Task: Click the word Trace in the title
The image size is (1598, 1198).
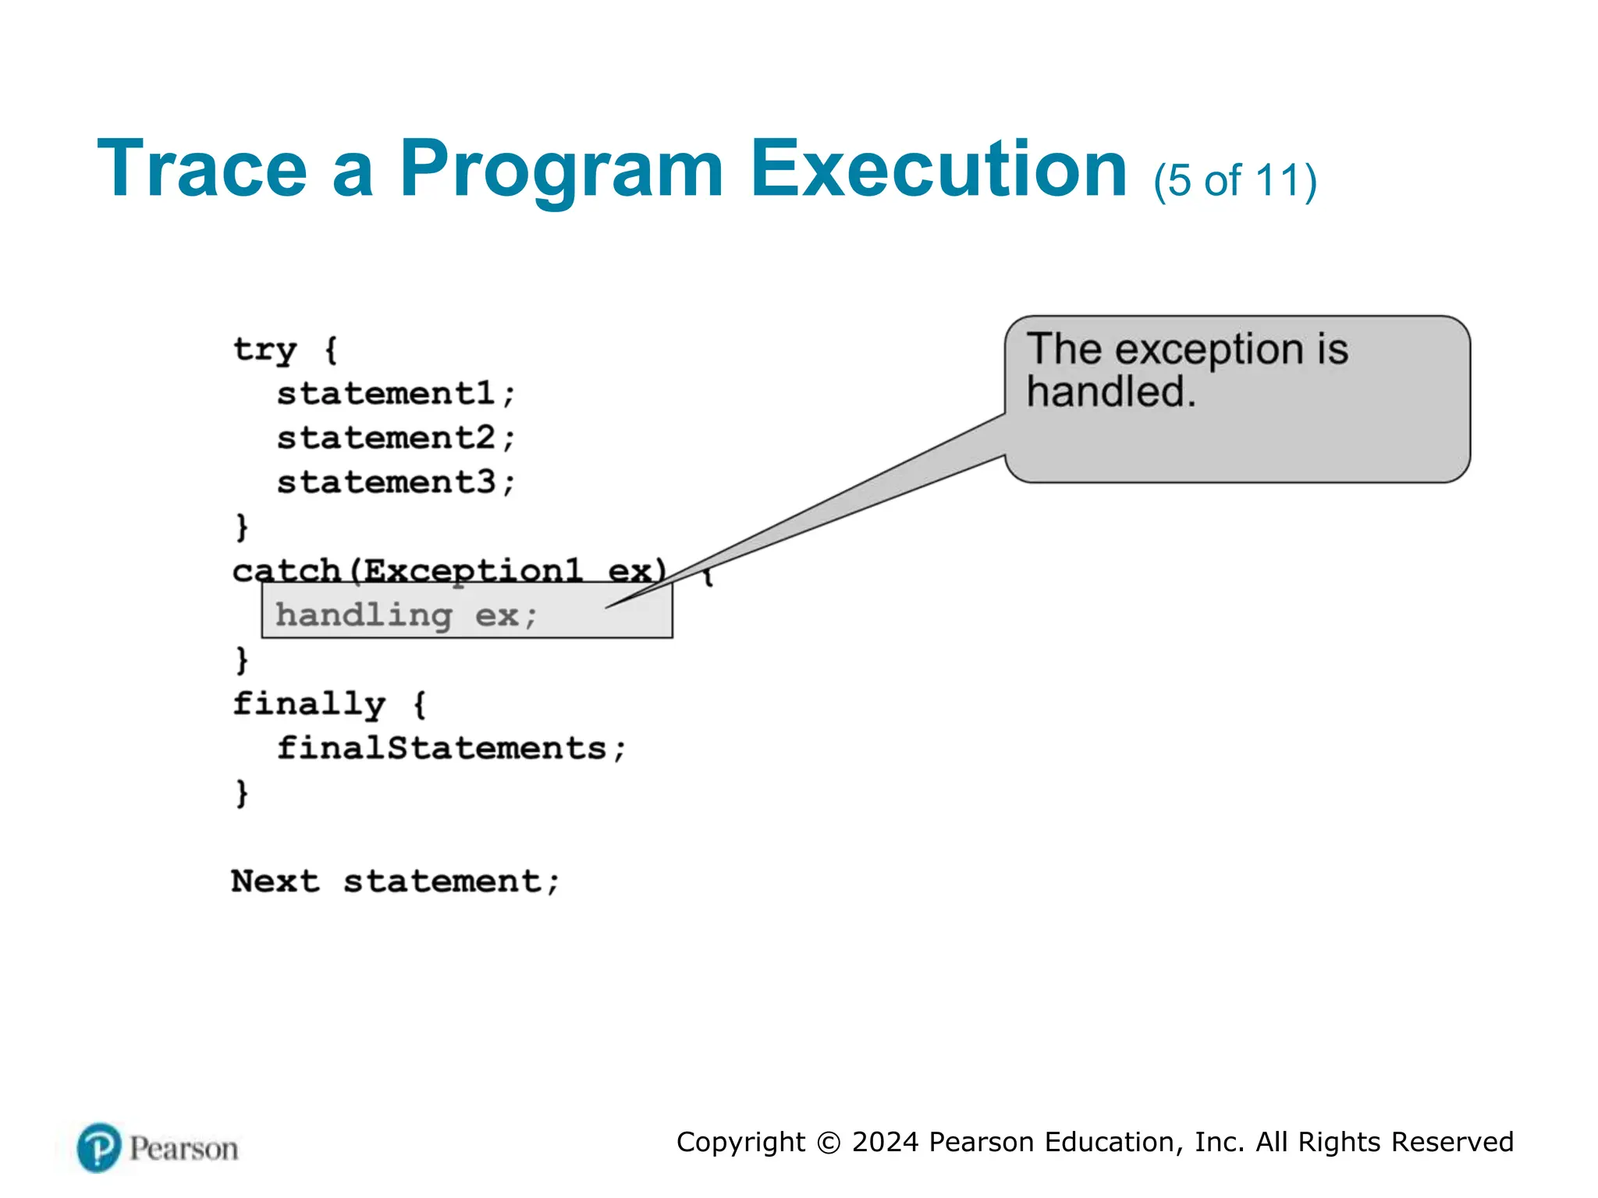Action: coord(202,169)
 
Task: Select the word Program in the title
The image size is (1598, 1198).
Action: coord(561,169)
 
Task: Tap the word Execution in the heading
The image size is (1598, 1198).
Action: coord(939,169)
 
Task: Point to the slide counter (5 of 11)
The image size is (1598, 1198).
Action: coord(1235,181)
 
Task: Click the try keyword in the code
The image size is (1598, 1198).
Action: coord(265,350)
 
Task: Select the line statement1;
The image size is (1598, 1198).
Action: coord(396,393)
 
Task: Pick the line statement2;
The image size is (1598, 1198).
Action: coord(396,438)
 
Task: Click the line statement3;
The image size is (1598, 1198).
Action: coord(396,482)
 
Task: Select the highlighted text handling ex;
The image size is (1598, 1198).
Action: coord(406,615)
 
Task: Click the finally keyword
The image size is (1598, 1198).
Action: coord(309,704)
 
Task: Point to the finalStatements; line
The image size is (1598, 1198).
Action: coord(451,748)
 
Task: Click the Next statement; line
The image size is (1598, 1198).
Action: coord(396,881)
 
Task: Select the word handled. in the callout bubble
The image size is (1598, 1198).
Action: coord(1110,392)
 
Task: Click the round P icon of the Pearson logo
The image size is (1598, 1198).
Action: coord(99,1147)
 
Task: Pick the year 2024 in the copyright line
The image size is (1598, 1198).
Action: coord(885,1142)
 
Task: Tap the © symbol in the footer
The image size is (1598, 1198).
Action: coord(828,1143)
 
